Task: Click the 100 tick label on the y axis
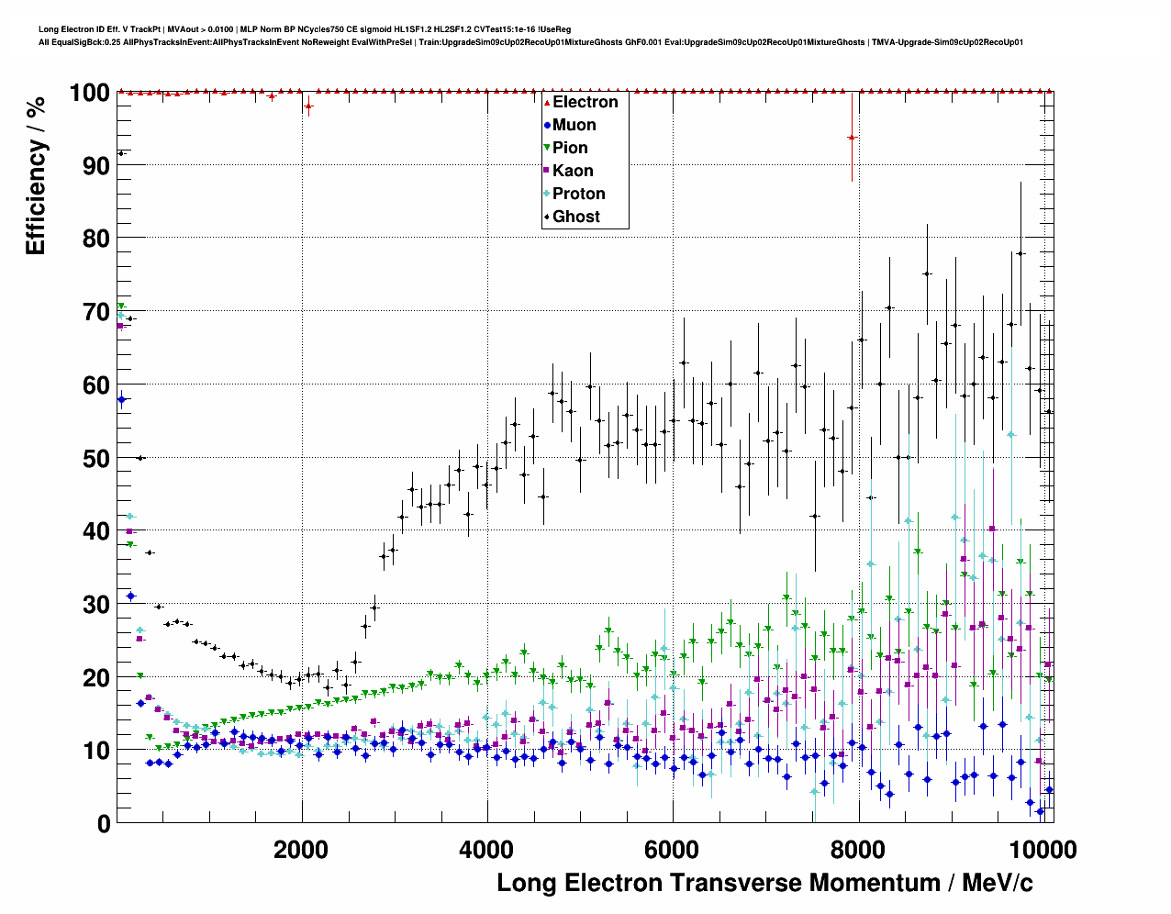[x=89, y=93]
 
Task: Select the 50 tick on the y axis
[x=95, y=458]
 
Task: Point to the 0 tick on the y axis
[x=104, y=823]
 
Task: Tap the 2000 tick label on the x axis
[x=301, y=850]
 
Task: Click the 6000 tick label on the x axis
[x=673, y=850]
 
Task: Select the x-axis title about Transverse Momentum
[x=764, y=883]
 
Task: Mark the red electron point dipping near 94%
[x=852, y=137]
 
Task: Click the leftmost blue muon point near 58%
[x=121, y=398]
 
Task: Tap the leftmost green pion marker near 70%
[x=121, y=307]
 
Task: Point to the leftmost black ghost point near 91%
[x=121, y=152]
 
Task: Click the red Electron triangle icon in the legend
[x=547, y=102]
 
